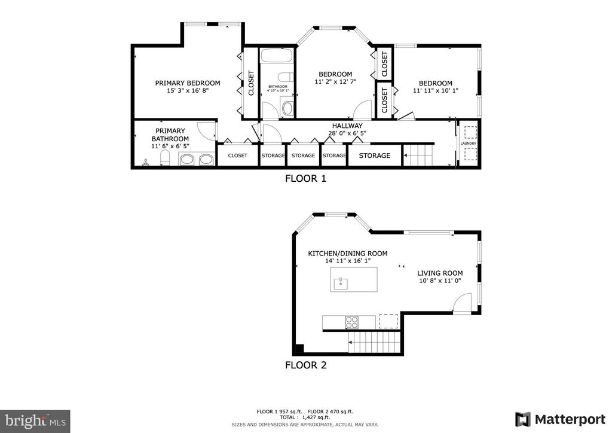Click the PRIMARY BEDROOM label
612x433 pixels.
188,83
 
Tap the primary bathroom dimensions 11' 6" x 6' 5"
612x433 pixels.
170,146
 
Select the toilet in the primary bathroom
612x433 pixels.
165,158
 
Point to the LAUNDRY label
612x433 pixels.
469,144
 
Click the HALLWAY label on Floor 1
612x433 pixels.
347,126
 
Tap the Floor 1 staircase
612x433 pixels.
418,155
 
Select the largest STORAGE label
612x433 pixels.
375,155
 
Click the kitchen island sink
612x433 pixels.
341,282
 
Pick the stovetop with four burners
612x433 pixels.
351,322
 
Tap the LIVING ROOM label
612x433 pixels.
440,273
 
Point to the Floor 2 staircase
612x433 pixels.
375,342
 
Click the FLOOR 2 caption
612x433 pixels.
305,365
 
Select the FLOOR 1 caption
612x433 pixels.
305,178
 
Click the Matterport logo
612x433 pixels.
560,420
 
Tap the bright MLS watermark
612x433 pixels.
35,421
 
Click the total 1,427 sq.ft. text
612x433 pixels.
305,417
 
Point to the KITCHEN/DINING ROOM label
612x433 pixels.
348,254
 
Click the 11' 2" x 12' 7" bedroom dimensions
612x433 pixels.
335,81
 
